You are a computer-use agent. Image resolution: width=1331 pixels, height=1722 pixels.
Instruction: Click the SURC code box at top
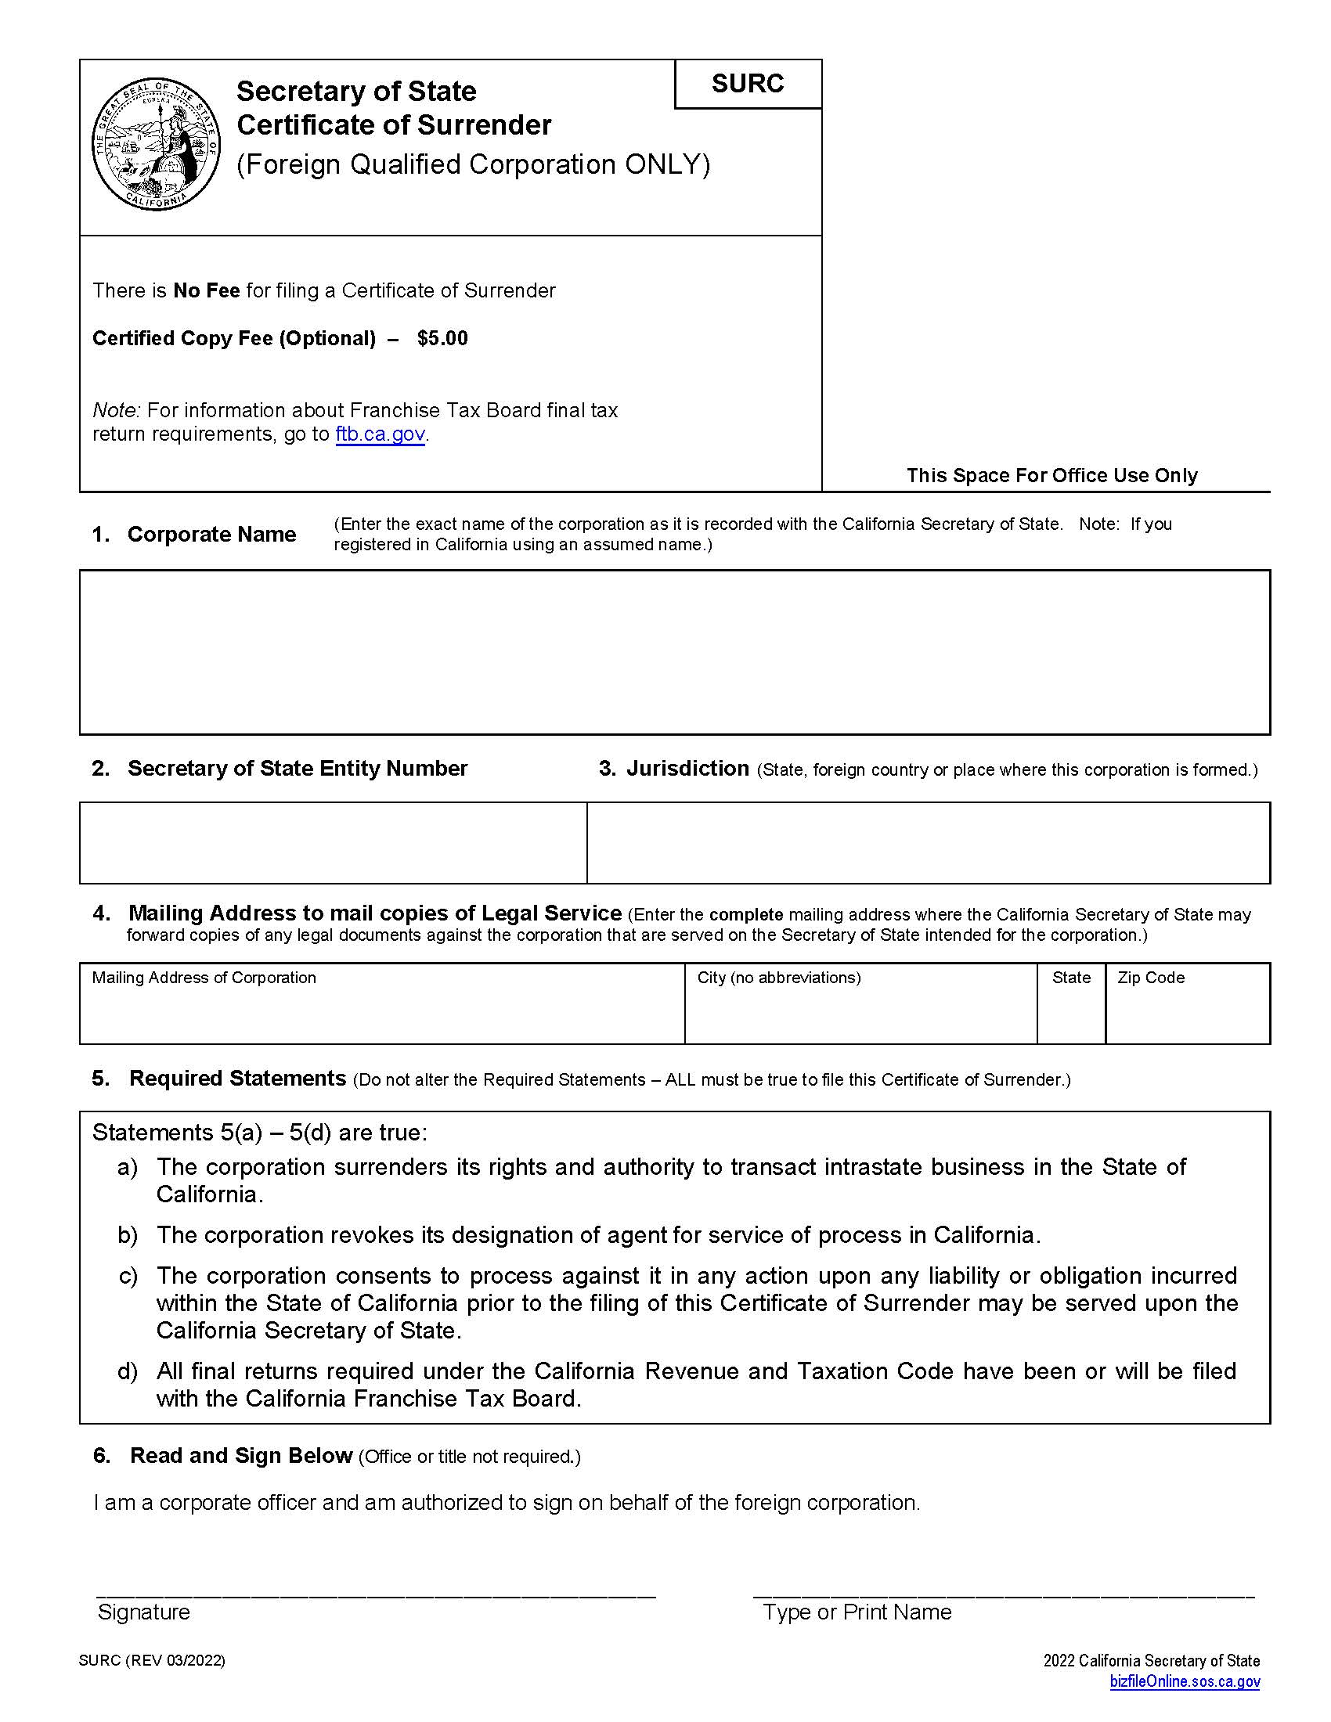[748, 84]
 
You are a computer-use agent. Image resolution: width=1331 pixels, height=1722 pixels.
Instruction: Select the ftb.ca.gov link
[380, 434]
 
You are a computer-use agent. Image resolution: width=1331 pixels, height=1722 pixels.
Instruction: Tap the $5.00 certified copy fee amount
[442, 338]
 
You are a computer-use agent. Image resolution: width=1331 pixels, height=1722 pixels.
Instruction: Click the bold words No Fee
[207, 291]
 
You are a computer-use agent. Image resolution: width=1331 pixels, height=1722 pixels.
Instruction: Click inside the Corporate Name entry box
[674, 652]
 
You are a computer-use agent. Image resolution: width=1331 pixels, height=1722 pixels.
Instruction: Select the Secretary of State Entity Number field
[333, 843]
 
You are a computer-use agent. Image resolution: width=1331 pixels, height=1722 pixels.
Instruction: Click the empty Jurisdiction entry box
[928, 843]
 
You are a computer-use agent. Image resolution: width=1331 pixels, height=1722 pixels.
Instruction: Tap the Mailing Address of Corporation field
[381, 1011]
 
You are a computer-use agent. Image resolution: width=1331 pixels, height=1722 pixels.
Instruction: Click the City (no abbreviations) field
[860, 1011]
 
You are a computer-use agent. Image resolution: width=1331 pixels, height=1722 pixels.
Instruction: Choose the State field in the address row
[1071, 1011]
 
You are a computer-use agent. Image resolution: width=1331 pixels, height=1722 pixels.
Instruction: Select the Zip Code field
[1188, 1011]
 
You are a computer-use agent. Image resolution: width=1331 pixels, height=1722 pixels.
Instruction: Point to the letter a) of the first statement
[128, 1168]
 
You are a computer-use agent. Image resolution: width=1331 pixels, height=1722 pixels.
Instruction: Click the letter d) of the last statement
[128, 1372]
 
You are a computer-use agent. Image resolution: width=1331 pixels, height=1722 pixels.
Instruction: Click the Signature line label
[143, 1612]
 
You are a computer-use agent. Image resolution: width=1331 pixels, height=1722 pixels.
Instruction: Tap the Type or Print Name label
[857, 1612]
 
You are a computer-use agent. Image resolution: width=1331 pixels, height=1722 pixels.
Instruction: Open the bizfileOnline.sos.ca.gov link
[1185, 1682]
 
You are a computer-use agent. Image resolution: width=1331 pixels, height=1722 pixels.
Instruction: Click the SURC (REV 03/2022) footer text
[152, 1660]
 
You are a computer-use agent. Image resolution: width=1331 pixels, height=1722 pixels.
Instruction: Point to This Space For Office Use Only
[1051, 475]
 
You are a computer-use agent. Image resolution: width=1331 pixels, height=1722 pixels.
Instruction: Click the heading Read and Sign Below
[240, 1456]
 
